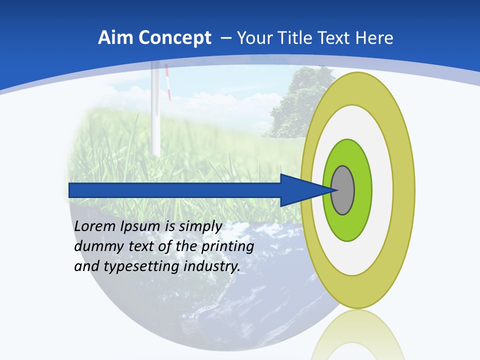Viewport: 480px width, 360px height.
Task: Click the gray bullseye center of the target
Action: (342, 190)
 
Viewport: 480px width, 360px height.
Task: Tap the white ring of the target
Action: (382, 190)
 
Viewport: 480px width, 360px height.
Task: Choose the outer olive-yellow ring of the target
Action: (404, 190)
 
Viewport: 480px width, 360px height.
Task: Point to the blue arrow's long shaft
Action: (175, 190)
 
